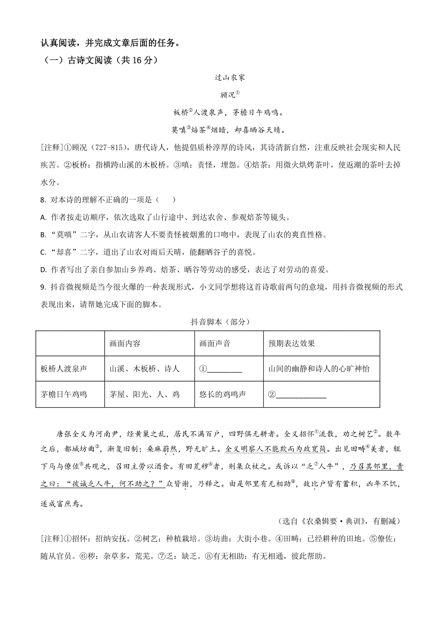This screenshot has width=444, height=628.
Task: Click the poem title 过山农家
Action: point(230,78)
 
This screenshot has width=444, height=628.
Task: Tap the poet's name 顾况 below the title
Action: point(228,95)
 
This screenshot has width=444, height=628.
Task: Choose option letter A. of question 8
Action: point(44,217)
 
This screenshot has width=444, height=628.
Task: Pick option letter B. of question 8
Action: point(44,235)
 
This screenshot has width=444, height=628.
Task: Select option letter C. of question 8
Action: point(44,252)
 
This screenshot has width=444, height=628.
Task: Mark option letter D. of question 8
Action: point(44,270)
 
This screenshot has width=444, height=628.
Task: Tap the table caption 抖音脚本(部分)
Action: point(221,322)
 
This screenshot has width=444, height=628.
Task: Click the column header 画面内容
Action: point(125,344)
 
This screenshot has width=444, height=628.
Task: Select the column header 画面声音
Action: point(215,344)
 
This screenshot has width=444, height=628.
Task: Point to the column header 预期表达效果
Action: point(292,344)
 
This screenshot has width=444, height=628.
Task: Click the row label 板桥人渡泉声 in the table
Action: point(64,369)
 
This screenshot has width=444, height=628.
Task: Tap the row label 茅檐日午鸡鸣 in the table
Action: point(64,394)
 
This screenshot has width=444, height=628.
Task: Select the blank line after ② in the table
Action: point(301,395)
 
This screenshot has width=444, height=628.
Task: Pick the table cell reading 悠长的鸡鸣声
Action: point(222,394)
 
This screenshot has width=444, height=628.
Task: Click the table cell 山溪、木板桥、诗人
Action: point(144,369)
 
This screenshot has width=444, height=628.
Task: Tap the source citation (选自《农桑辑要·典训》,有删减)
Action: point(338,521)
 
